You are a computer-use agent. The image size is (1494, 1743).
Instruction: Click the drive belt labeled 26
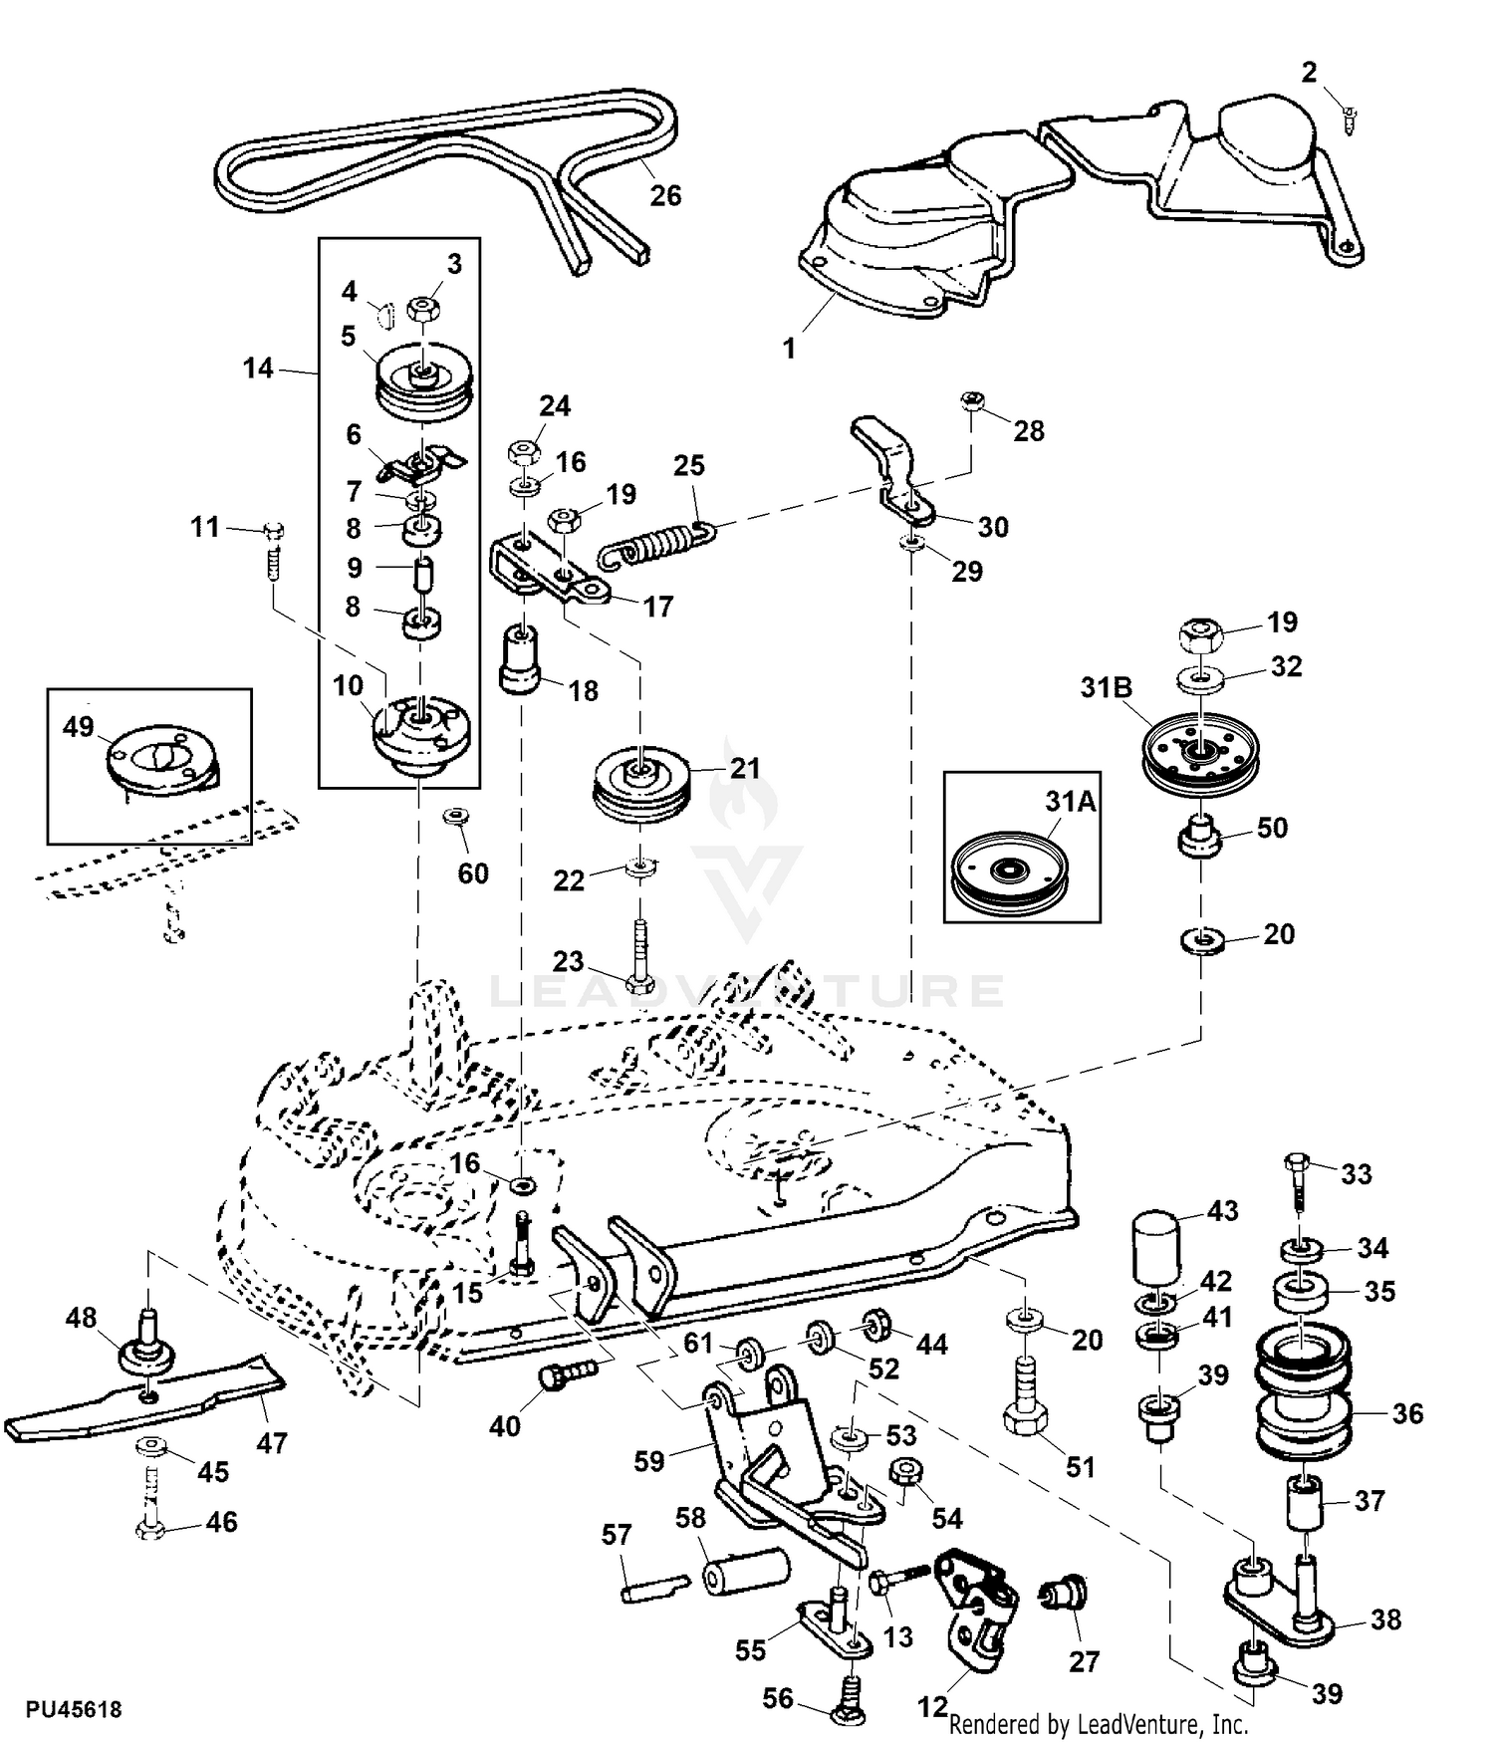point(438,159)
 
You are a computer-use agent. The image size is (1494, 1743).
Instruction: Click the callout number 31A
point(1070,801)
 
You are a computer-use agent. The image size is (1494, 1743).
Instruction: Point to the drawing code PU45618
point(74,1709)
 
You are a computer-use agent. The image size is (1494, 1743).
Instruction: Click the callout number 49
point(78,726)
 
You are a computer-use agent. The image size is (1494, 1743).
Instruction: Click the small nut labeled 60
point(456,817)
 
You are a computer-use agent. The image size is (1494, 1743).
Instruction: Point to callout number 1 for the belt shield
point(789,349)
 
